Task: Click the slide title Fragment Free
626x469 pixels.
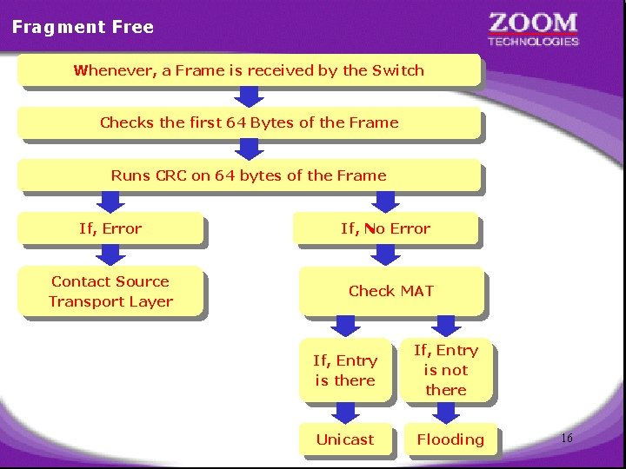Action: (83, 27)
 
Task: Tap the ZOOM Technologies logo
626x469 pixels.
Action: (533, 29)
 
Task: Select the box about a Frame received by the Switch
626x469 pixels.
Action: (249, 70)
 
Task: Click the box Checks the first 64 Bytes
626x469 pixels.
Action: (249, 122)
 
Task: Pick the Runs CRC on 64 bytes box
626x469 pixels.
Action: (249, 175)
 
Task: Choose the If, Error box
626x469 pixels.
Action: (110, 229)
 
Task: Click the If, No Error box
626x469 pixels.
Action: (385, 229)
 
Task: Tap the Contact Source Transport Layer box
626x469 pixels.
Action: (110, 292)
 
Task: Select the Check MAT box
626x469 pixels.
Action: (390, 291)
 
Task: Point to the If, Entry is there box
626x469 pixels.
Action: (345, 370)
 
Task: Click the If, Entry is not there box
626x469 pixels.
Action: (446, 370)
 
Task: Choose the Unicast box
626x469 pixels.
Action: (345, 439)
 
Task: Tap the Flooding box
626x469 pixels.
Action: (450, 439)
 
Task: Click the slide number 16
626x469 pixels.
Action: (566, 439)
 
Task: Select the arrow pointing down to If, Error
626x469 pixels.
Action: (110, 202)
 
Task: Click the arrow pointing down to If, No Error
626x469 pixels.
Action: (385, 202)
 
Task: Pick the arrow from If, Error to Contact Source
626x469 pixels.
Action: (110, 255)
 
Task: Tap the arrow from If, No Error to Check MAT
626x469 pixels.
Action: (385, 255)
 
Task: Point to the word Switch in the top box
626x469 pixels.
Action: (398, 70)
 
